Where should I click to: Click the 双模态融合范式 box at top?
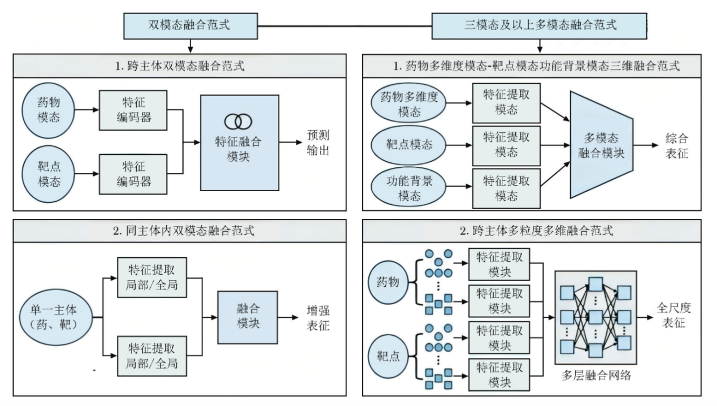(190, 26)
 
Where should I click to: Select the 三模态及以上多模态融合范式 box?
(540, 26)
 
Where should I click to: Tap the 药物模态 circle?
(49, 110)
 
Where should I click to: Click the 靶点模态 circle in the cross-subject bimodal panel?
(49, 174)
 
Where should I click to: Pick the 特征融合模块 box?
(240, 142)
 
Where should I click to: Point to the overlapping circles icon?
(238, 122)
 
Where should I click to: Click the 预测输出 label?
(318, 142)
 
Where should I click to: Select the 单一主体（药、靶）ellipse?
(56, 317)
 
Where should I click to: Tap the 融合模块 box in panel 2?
(247, 317)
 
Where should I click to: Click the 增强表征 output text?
(318, 318)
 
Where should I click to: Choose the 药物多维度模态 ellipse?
(409, 103)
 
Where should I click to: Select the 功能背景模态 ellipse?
(409, 187)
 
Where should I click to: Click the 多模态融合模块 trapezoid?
(601, 145)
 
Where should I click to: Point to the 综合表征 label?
(676, 145)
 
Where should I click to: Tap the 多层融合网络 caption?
(596, 375)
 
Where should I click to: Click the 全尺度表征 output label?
(674, 316)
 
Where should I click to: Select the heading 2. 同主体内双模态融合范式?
(184, 231)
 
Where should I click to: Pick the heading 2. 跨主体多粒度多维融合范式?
(536, 231)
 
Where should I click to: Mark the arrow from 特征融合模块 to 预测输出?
(290, 142)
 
